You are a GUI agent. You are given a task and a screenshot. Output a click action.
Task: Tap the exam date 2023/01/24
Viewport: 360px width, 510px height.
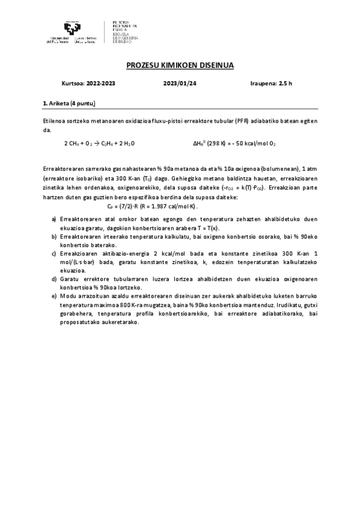(x=180, y=84)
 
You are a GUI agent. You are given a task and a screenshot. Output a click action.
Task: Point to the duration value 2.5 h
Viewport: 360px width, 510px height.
(x=284, y=84)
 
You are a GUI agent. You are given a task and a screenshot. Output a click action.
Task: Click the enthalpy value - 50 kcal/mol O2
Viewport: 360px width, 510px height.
(x=253, y=144)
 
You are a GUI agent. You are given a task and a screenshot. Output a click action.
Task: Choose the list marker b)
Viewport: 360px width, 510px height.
(x=54, y=237)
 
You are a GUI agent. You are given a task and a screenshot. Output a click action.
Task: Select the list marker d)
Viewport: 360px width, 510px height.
(x=54, y=279)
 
